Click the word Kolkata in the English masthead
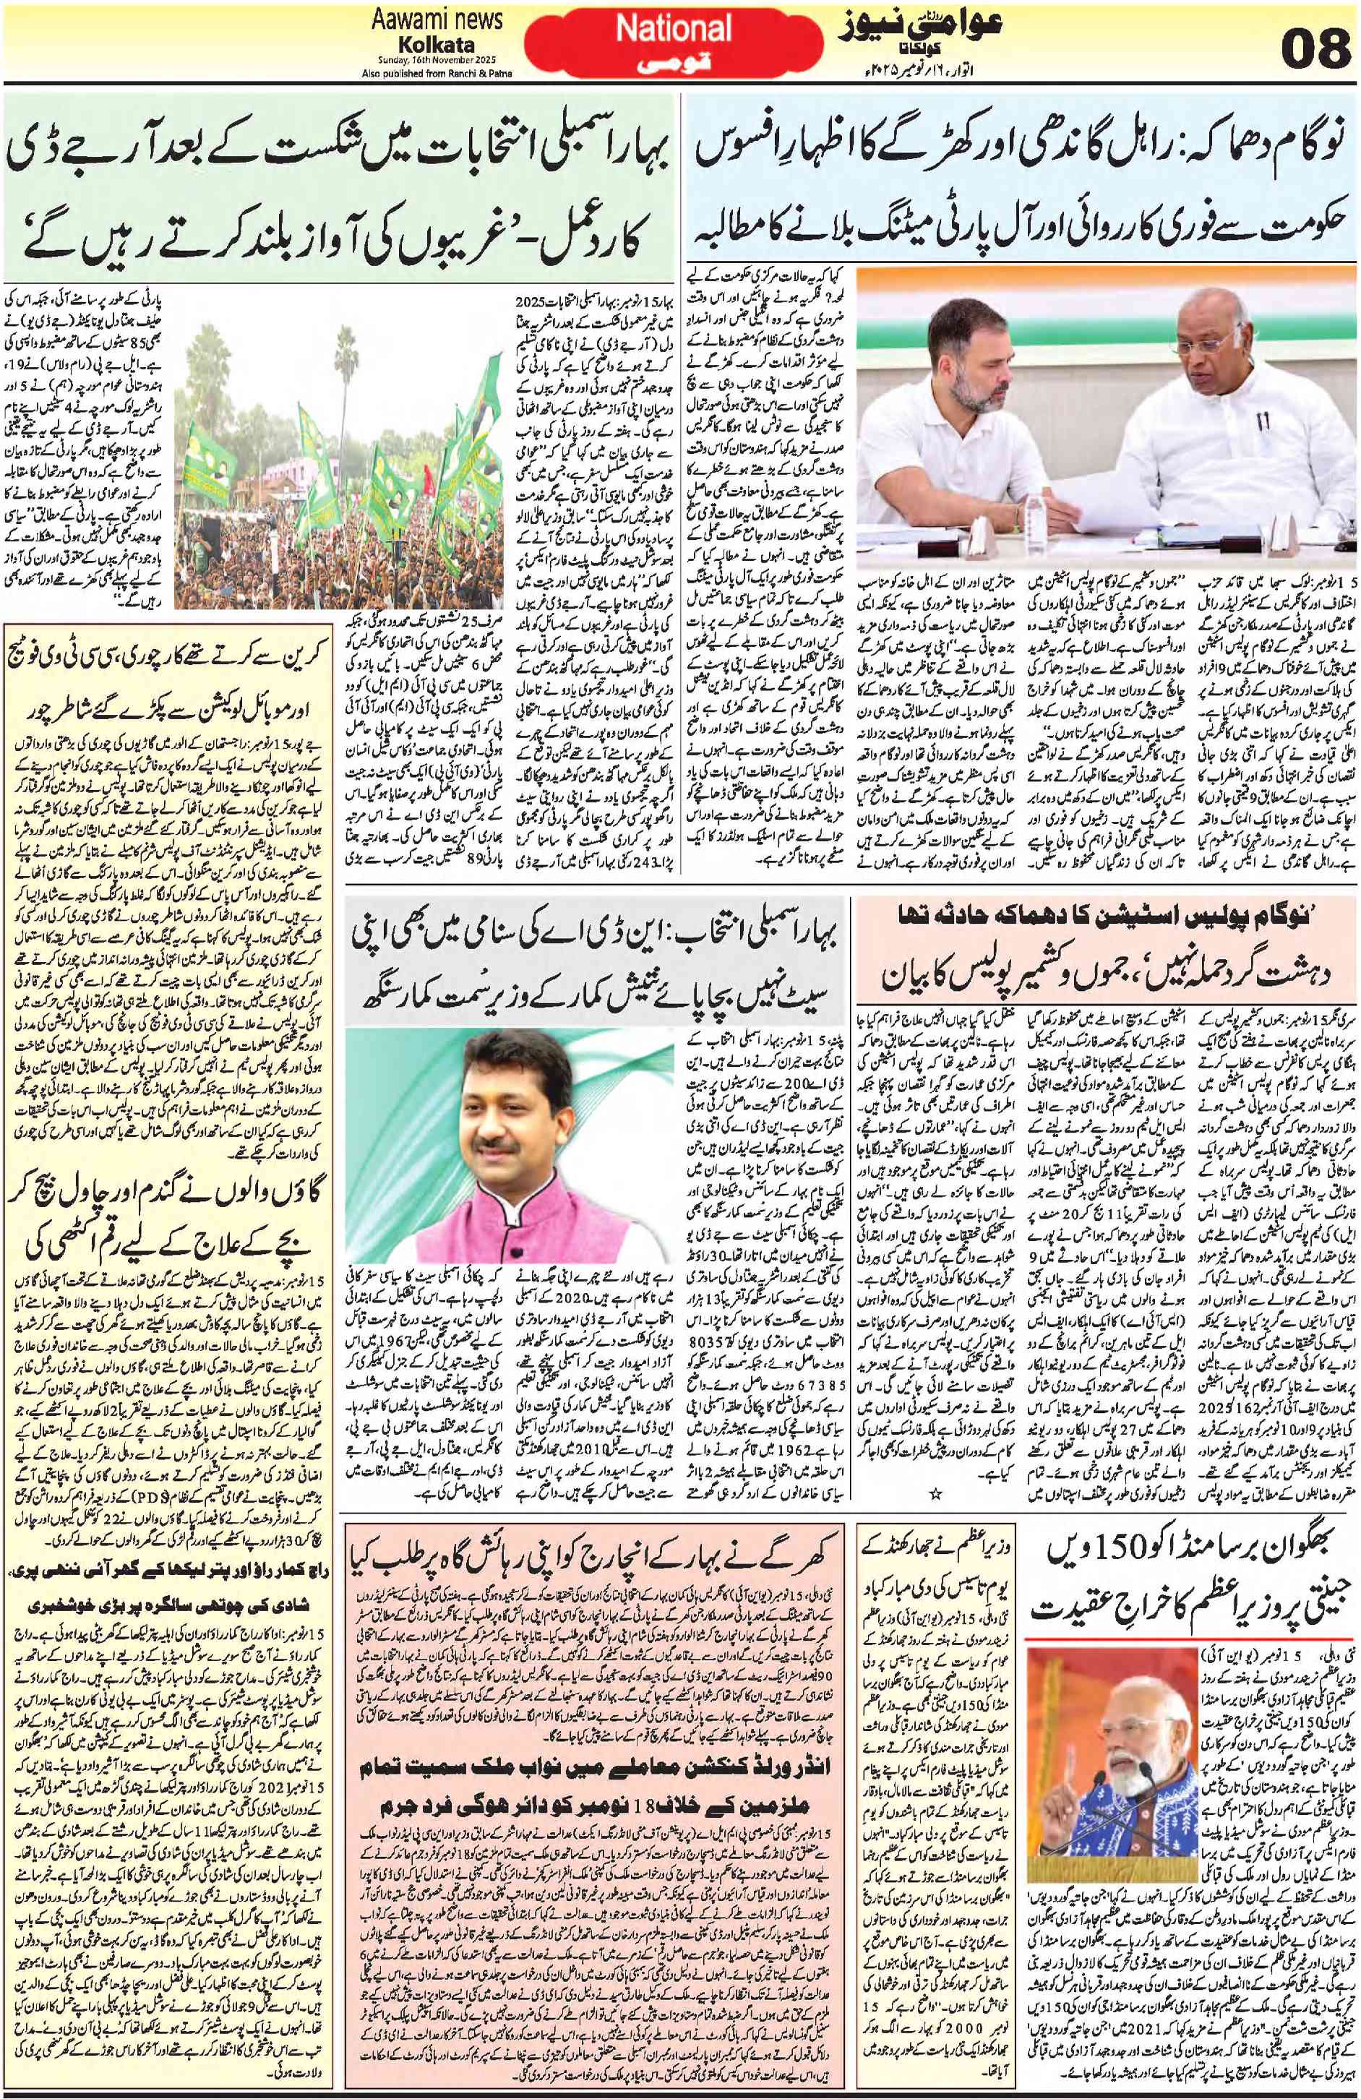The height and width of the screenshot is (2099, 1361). tap(437, 44)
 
